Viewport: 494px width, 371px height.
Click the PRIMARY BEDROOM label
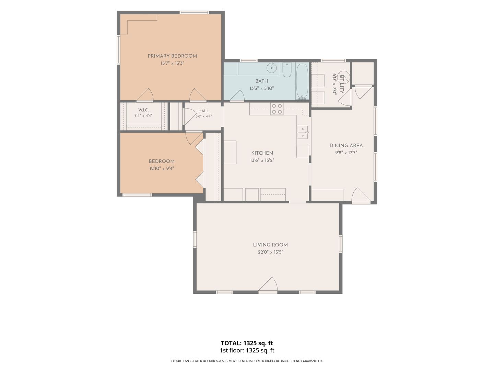click(x=172, y=56)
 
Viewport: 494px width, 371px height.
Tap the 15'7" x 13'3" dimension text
click(x=172, y=63)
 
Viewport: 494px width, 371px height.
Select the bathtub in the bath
click(x=302, y=81)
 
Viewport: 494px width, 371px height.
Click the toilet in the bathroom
click(x=287, y=70)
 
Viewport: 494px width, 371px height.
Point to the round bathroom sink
click(x=272, y=67)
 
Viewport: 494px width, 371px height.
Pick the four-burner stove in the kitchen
click(x=277, y=109)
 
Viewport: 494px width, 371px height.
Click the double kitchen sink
click(x=303, y=133)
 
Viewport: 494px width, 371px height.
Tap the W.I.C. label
click(x=143, y=110)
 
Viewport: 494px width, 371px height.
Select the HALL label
click(x=203, y=111)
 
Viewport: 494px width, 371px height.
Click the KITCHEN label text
click(x=262, y=153)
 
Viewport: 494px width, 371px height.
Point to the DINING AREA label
click(x=346, y=146)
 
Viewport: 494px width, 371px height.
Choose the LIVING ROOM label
click(x=270, y=245)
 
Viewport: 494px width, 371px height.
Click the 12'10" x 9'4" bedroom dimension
click(x=162, y=168)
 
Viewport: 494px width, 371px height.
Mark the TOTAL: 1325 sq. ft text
click(x=247, y=343)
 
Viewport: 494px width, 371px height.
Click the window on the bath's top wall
click(x=248, y=60)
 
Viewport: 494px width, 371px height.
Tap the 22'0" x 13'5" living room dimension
click(x=270, y=252)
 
